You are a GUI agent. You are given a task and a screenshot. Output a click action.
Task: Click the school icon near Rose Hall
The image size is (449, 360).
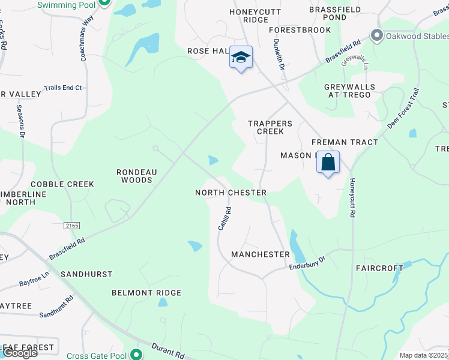[x=241, y=58]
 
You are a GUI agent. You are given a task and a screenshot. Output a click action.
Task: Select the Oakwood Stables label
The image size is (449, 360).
[x=416, y=35]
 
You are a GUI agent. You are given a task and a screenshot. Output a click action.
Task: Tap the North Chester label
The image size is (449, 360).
[x=231, y=193]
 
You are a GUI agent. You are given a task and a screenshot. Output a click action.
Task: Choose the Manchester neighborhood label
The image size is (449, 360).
[x=261, y=254]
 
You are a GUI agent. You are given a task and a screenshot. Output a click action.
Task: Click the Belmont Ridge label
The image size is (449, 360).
[x=146, y=293]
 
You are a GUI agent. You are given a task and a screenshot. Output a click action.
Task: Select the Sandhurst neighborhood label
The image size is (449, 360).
[x=86, y=274]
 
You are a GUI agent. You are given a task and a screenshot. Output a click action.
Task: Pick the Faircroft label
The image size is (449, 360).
[x=379, y=268]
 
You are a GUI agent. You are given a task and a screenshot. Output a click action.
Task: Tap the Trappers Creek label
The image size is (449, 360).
[x=270, y=127]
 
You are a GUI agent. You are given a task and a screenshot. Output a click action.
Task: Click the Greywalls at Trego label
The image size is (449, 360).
[x=349, y=91]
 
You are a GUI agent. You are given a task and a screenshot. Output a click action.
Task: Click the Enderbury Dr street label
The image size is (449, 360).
[x=306, y=262]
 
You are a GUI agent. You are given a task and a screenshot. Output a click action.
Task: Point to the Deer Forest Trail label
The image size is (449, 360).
[x=403, y=108]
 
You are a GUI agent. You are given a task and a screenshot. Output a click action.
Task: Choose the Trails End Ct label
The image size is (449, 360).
[x=62, y=88]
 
